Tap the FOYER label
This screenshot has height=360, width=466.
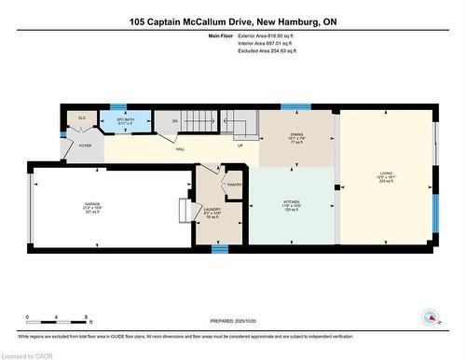[85, 146]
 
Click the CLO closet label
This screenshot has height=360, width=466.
[82, 118]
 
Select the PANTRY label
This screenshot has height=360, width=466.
[234, 185]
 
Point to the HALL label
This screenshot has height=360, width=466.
[179, 149]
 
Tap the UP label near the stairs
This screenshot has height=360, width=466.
[240, 145]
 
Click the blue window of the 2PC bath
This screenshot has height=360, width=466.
[118, 106]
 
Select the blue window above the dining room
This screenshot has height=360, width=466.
[295, 106]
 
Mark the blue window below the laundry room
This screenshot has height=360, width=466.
[219, 249]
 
